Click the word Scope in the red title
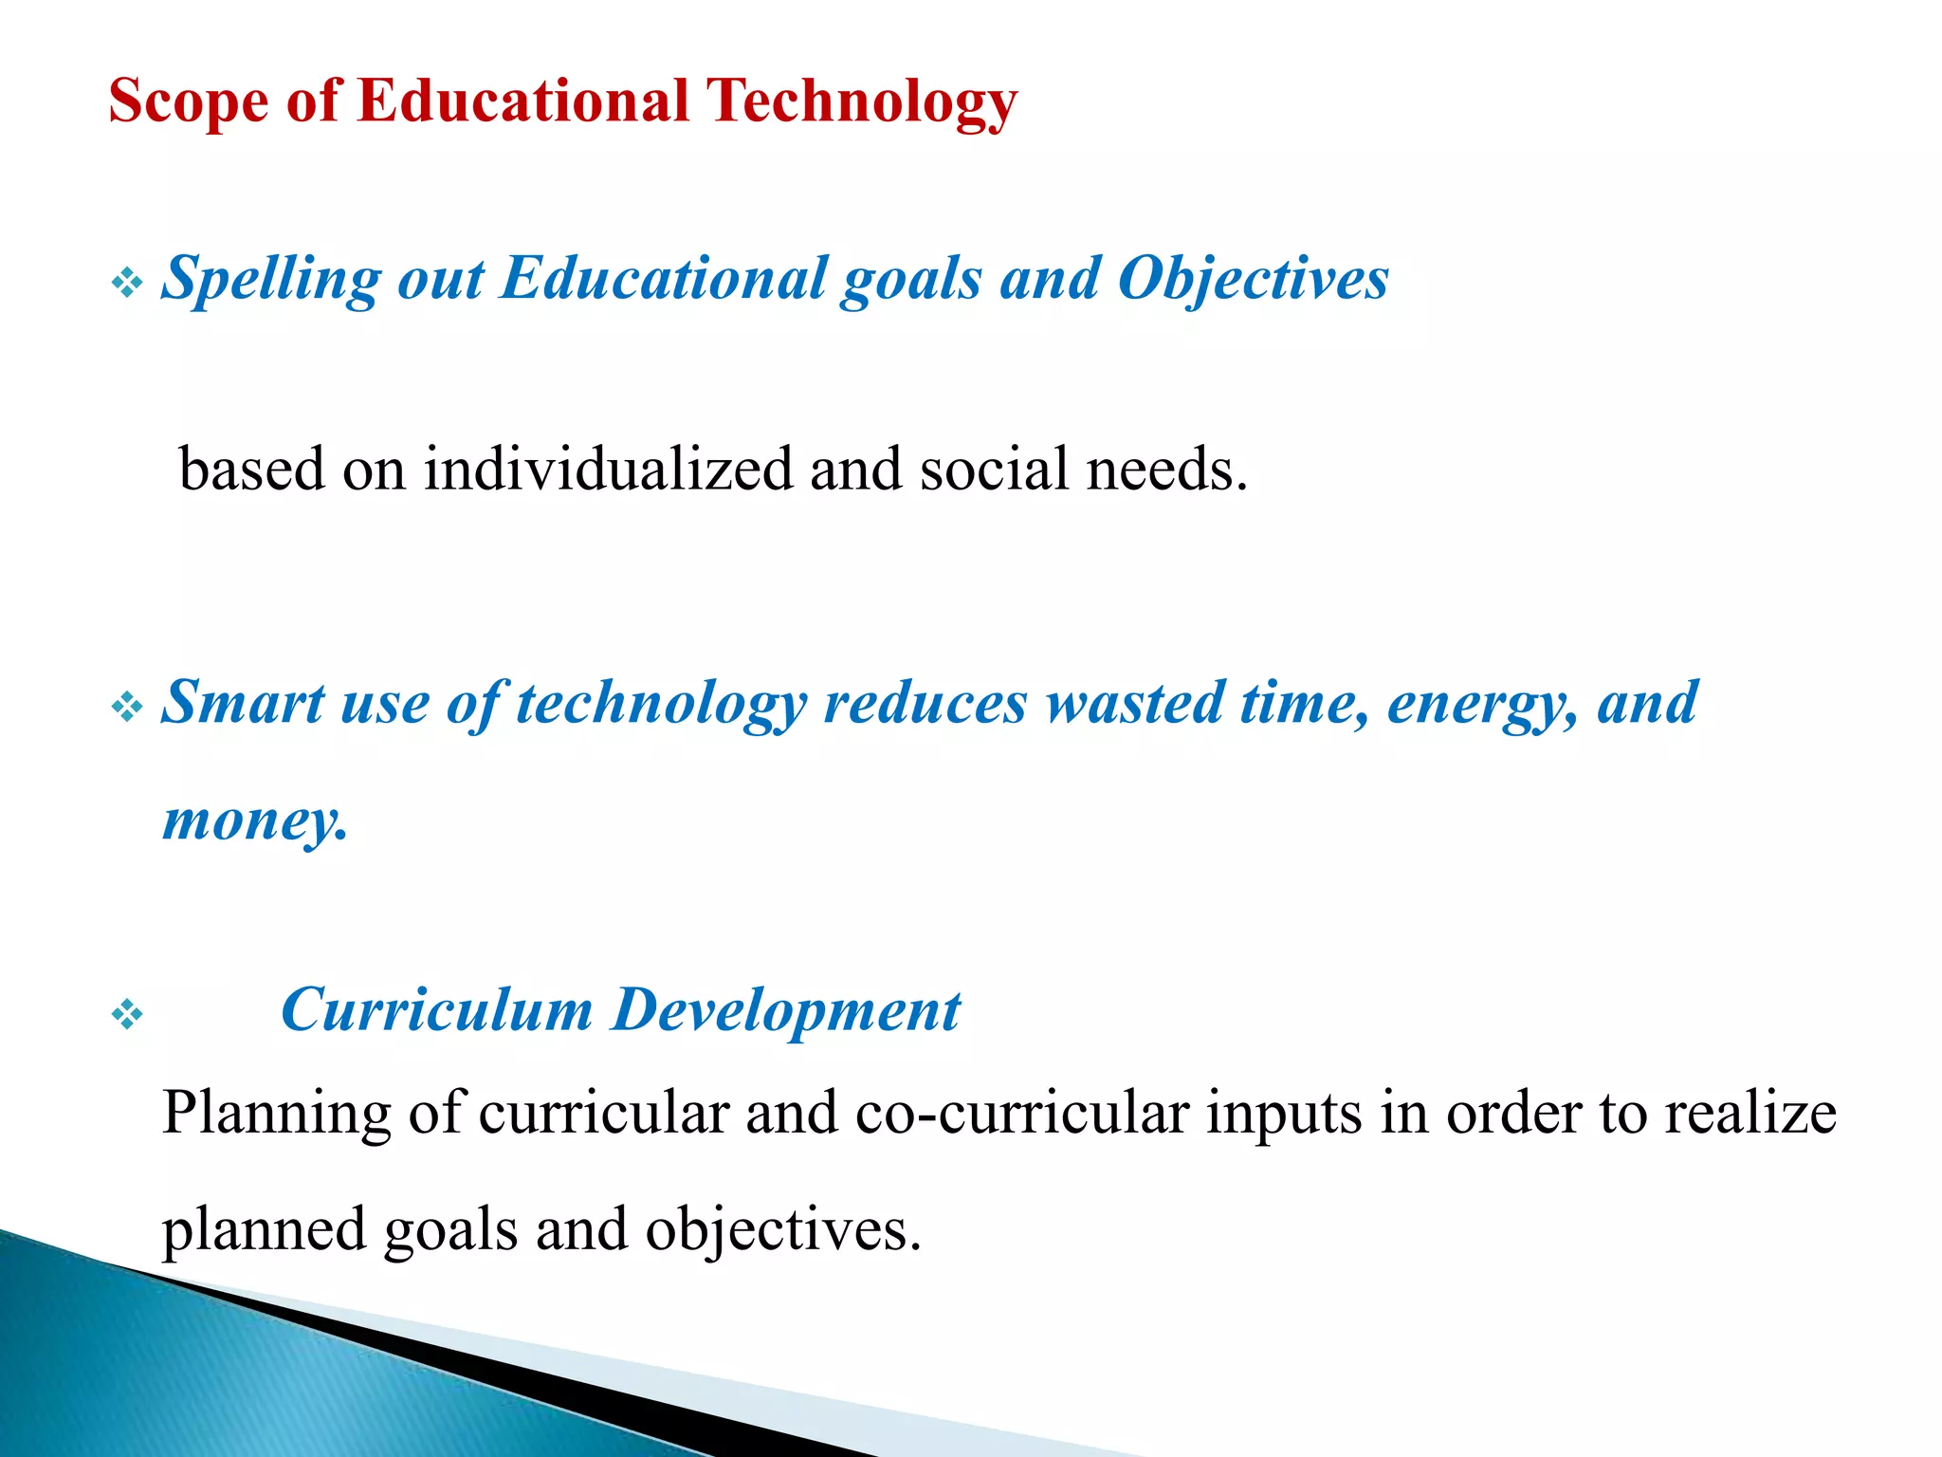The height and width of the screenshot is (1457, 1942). [x=189, y=101]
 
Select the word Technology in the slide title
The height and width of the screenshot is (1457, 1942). [x=862, y=101]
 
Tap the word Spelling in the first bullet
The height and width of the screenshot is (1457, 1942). [x=270, y=280]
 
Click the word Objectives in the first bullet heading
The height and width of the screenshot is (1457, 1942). [x=1253, y=280]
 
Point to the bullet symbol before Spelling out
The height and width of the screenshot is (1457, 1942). [x=127, y=282]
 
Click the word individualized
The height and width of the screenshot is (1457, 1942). [x=608, y=470]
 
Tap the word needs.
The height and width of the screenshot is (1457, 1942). [x=1166, y=470]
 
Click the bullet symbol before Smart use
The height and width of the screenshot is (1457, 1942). [x=127, y=706]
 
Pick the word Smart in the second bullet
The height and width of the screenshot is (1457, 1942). [x=243, y=703]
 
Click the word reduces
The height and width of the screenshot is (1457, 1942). [x=925, y=703]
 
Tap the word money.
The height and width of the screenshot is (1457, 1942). [x=255, y=821]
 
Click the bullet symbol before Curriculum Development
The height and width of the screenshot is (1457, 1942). [x=127, y=1015]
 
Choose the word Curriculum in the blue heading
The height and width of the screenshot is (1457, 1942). [x=436, y=1009]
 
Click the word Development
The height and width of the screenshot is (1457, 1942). [x=786, y=1011]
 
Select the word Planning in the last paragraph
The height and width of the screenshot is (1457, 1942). [x=276, y=1114]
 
